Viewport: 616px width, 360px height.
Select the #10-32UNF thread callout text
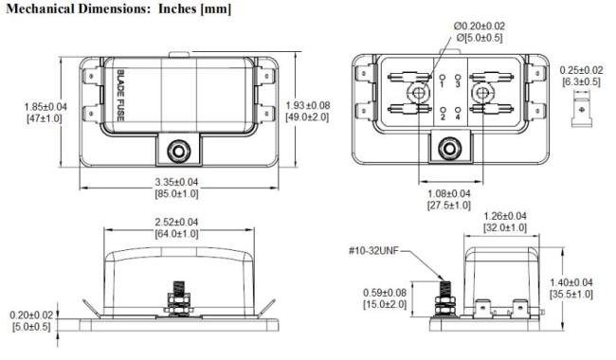pyautogui.click(x=372, y=250)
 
